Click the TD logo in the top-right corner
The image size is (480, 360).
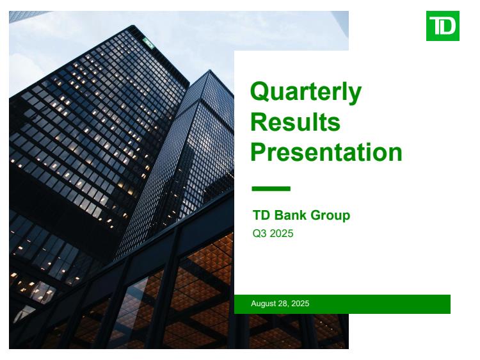pos(442,26)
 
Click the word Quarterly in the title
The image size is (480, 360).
pos(306,92)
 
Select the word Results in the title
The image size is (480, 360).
pos(296,122)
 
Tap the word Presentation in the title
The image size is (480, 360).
pos(326,152)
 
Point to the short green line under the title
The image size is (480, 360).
pos(271,189)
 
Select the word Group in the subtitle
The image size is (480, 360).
pos(330,216)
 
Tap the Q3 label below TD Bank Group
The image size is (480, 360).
pos(260,234)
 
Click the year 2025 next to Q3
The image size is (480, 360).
pos(282,233)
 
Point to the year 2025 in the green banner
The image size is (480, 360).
pos(300,304)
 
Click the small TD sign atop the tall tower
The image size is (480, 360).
pos(148,42)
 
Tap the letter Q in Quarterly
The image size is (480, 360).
pos(260,92)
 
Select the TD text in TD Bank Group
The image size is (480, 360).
pos(261,215)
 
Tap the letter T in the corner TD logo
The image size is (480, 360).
pos(435,26)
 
